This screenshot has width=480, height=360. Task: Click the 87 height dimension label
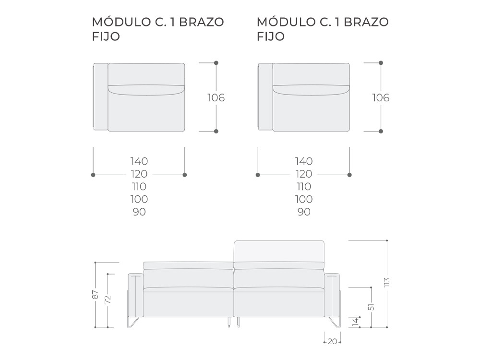(x=96, y=295)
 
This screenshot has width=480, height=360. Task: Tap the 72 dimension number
(x=108, y=300)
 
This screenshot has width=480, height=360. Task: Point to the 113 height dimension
(x=386, y=282)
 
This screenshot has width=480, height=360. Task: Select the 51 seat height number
(x=371, y=307)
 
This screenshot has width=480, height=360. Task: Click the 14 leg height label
(x=355, y=322)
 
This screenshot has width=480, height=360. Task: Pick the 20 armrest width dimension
(x=332, y=341)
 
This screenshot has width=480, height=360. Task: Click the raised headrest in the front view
(x=279, y=252)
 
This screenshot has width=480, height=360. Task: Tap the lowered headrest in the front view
(x=188, y=265)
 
